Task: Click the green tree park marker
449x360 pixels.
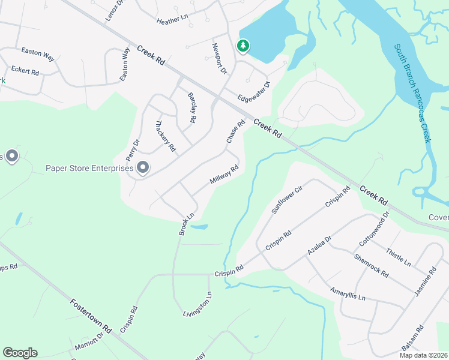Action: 243,46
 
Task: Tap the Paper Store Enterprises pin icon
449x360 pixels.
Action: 143,168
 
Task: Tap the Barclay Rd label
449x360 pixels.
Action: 191,107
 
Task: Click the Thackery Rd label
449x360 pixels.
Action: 166,136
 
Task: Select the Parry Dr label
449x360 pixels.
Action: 133,150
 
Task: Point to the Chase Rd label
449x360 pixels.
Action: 236,132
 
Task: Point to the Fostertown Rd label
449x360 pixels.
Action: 91,316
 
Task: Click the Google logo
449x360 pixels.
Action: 20,353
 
